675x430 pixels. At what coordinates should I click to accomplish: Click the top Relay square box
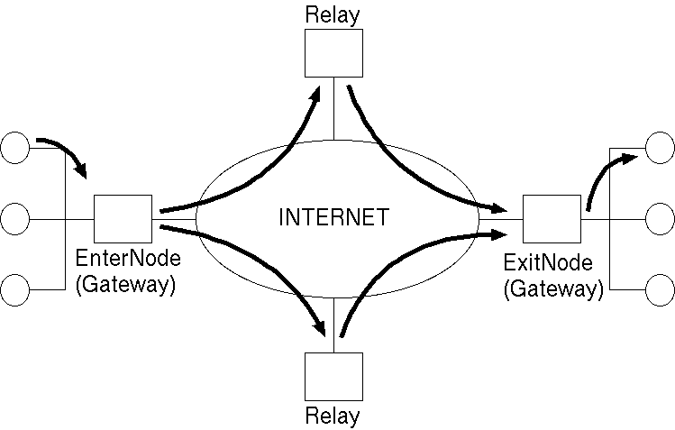333,52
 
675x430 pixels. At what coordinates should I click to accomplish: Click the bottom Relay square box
333,377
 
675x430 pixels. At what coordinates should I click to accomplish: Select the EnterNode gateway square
123,218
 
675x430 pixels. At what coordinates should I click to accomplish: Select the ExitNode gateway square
552,218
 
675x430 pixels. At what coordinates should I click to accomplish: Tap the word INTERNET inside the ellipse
333,217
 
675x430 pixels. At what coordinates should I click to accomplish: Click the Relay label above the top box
333,14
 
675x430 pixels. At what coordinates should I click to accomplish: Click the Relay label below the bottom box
333,416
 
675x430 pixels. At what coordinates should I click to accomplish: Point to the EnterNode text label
128,259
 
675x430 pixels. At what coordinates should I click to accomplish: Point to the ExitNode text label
548,264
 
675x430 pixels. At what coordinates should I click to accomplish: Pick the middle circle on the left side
15,218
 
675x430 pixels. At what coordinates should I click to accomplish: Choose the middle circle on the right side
661,218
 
